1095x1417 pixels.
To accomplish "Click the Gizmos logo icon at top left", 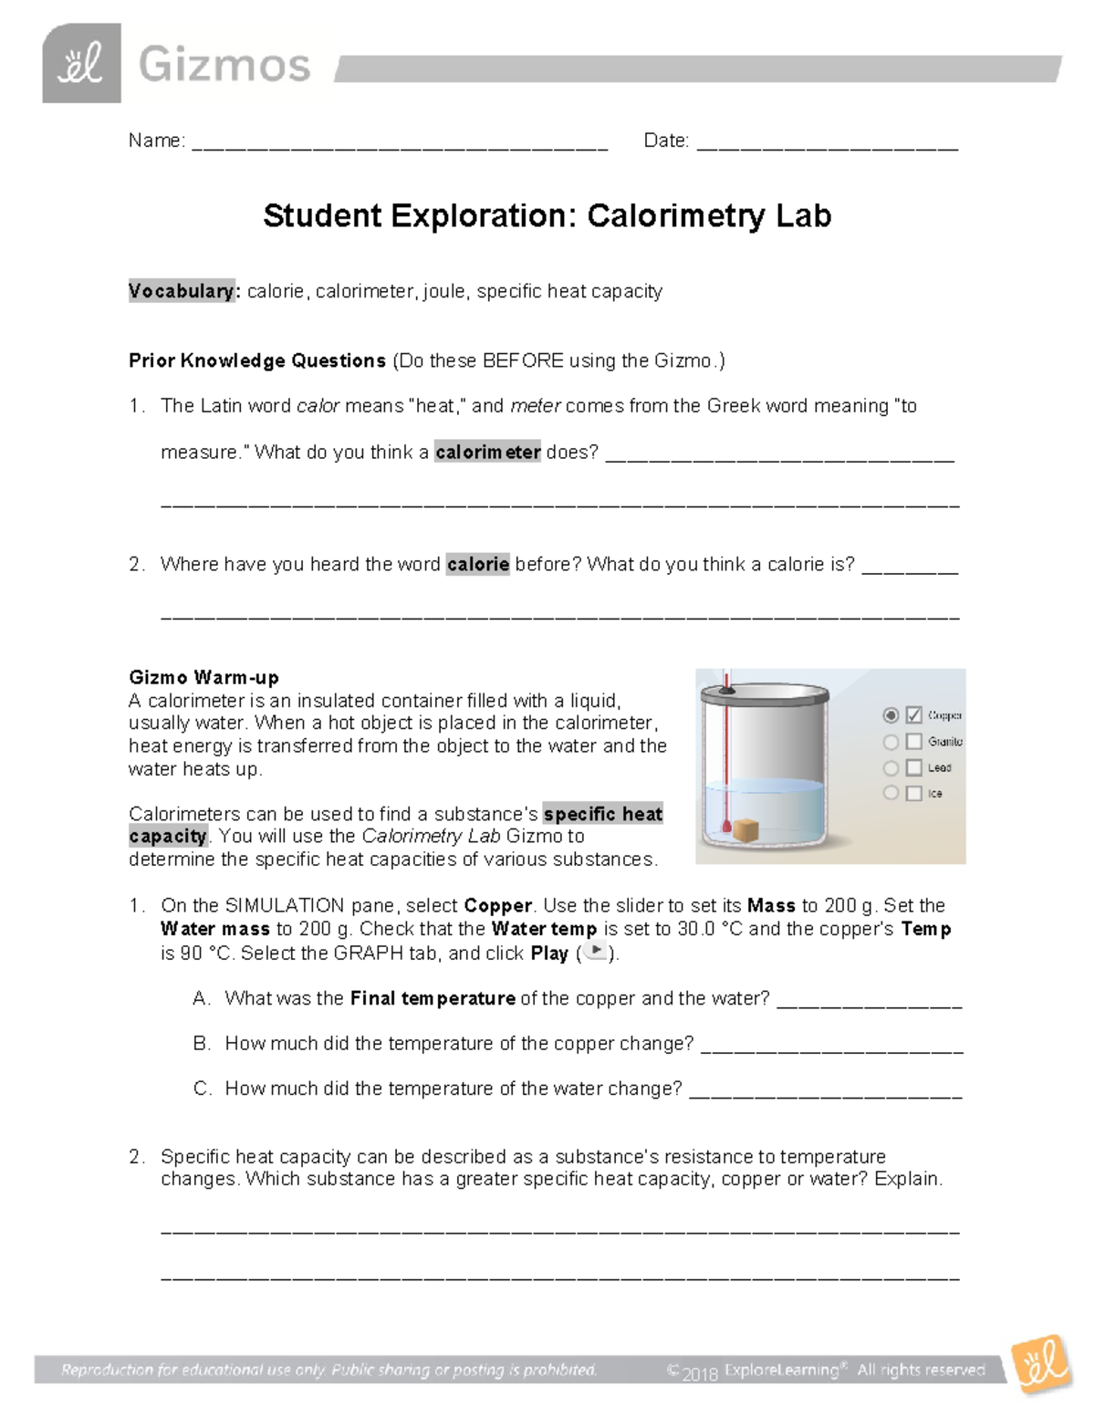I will tap(81, 63).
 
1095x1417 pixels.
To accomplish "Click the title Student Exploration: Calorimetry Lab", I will tap(547, 216).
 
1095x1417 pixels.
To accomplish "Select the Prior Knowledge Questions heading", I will tap(257, 360).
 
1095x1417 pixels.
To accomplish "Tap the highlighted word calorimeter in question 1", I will tap(487, 452).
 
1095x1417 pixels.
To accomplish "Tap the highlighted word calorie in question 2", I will tap(477, 564).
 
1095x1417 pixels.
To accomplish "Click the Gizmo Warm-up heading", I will tap(203, 677).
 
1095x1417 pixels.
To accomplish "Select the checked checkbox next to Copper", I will tap(913, 715).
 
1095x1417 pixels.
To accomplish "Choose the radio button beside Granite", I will tap(891, 742).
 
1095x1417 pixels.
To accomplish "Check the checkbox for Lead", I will tap(913, 768).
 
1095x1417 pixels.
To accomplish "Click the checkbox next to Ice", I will tap(913, 794).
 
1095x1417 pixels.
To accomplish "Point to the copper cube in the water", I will tap(747, 830).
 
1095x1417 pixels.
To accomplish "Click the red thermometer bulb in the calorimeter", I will tap(726, 829).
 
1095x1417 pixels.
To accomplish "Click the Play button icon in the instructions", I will tap(595, 952).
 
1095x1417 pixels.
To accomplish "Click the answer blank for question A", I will tap(869, 1003).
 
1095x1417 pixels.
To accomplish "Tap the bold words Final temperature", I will tap(433, 998).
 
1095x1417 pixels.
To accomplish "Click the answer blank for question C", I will tap(825, 1093).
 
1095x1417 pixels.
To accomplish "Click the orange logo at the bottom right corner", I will tap(1041, 1364).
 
